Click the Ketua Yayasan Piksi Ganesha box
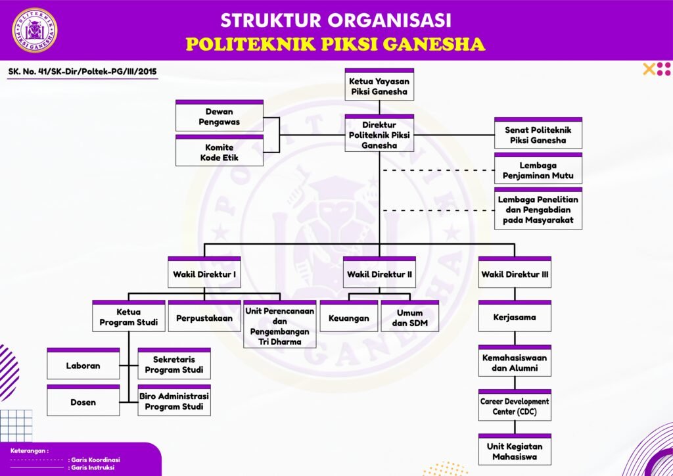379,85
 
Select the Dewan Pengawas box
220,116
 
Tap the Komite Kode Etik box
220,152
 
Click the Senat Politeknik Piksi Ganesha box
538,135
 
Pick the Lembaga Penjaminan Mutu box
538,170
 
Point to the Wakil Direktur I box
204,274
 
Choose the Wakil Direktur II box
379,274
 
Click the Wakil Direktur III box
515,274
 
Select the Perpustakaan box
204,318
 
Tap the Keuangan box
349,318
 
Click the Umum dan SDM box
409,318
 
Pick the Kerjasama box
515,317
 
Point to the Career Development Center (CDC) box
515,406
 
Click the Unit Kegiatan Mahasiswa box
515,451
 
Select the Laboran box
83,365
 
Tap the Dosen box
83,401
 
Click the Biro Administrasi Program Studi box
174,401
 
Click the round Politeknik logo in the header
34,30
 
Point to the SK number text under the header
82,72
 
